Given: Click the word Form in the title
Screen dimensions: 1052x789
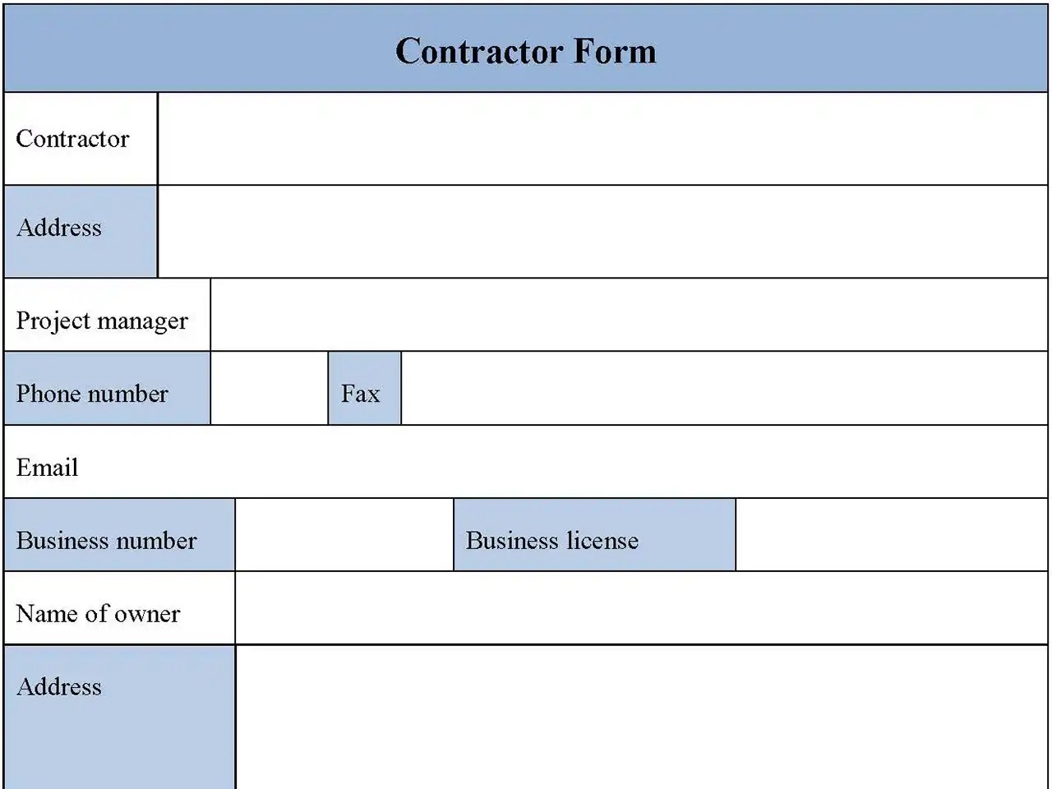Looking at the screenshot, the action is (615, 52).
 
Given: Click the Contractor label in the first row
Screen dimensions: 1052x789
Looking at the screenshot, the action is (72, 139).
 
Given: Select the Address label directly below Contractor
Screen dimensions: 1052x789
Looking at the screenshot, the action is (59, 228).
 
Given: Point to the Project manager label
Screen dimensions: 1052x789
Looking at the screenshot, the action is (102, 321).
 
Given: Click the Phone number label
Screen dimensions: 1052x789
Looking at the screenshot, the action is (92, 394).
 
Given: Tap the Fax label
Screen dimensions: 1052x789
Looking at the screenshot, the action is (360, 394).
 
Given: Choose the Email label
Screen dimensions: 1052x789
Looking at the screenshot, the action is (47, 468).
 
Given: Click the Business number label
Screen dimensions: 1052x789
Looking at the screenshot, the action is (106, 541).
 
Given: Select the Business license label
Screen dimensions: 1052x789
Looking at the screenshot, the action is (551, 541).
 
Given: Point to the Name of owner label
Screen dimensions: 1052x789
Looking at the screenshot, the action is (98, 614).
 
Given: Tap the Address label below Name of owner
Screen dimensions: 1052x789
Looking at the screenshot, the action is (59, 687).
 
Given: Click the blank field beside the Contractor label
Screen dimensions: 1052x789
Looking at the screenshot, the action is (602, 139).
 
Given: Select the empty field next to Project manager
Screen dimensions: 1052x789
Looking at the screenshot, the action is (629, 315).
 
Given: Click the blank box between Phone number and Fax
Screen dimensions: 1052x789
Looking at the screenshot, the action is (269, 389).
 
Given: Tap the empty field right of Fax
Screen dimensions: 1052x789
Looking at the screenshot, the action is (724, 389).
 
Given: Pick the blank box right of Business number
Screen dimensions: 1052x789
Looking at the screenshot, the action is (344, 535).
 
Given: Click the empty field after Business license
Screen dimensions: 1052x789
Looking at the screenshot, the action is (892, 535).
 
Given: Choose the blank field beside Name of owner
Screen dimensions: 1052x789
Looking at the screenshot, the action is (641, 608).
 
